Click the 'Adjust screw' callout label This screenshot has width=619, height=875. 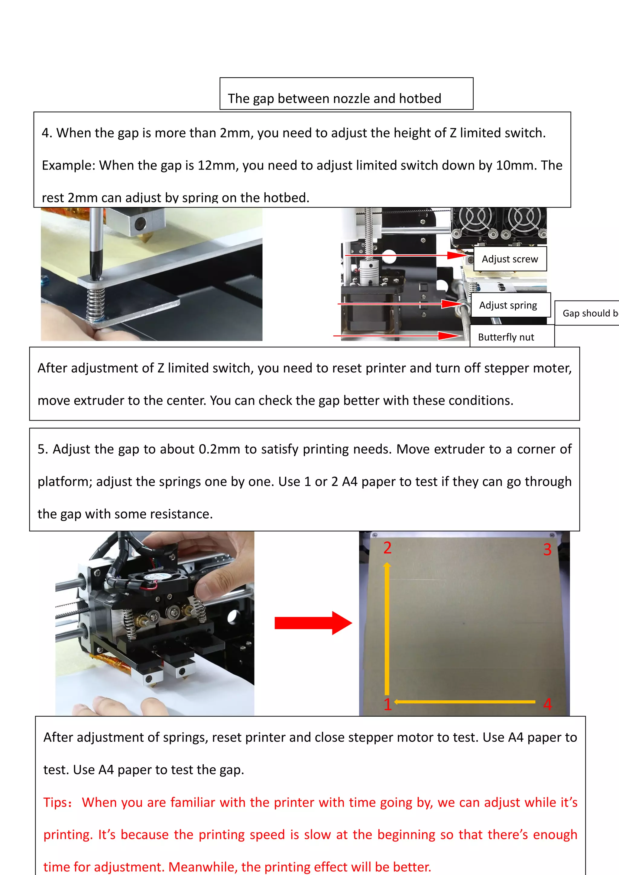510,259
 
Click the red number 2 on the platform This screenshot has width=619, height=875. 387,548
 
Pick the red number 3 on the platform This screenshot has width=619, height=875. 547,549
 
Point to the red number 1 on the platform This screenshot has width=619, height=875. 387,704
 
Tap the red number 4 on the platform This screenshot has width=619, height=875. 547,704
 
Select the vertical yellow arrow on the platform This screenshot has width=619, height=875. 387,629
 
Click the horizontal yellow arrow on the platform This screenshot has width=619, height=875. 465,701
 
